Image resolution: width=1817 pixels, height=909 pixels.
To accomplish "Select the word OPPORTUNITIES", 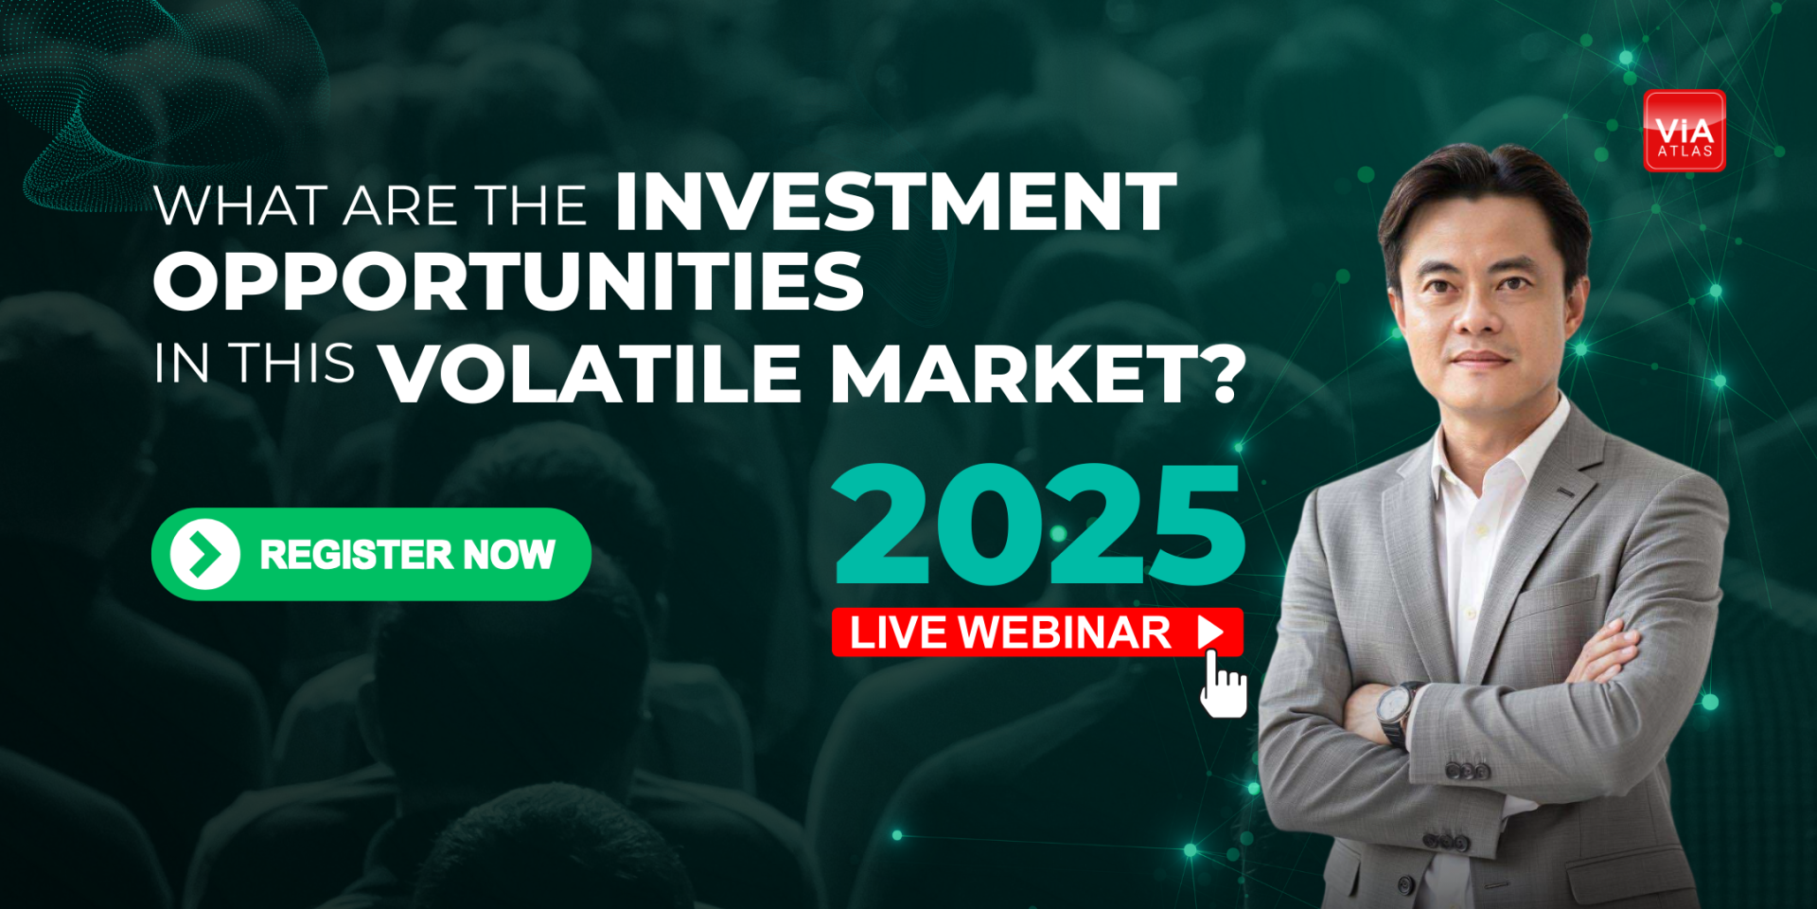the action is point(509,281).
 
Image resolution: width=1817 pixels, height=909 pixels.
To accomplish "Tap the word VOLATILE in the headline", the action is point(591,374).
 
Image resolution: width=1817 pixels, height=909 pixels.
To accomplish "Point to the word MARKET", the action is point(1014,374).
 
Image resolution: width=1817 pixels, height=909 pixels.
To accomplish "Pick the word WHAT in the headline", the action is point(241,205).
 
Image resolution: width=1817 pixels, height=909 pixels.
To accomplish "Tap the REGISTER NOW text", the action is point(407,555).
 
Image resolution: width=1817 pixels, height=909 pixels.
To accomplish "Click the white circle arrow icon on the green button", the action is point(204,555).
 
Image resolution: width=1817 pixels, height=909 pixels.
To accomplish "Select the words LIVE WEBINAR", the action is point(1010,633).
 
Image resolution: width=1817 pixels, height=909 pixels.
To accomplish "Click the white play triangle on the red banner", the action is point(1210,632).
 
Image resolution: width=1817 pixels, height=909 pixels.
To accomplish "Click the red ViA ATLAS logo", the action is point(1685,131).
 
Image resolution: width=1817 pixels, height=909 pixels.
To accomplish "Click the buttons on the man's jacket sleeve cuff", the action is point(1466,771).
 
